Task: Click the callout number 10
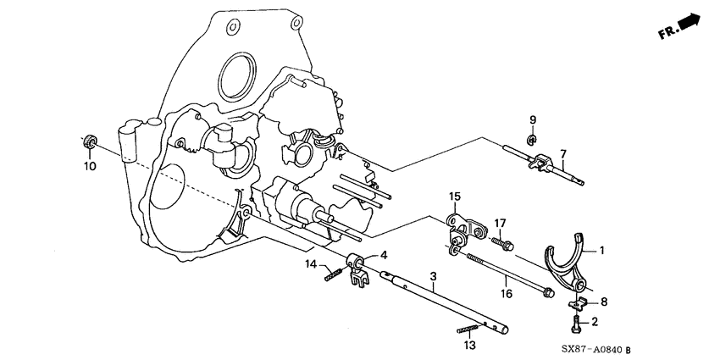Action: [90, 166]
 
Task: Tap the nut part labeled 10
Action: [89, 141]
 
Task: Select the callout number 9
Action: [533, 119]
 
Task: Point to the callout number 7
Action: [561, 153]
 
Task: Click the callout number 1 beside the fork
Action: [603, 250]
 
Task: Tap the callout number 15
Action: [454, 197]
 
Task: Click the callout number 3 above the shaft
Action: [433, 277]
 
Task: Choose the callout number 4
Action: [383, 254]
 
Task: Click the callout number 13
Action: [468, 345]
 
